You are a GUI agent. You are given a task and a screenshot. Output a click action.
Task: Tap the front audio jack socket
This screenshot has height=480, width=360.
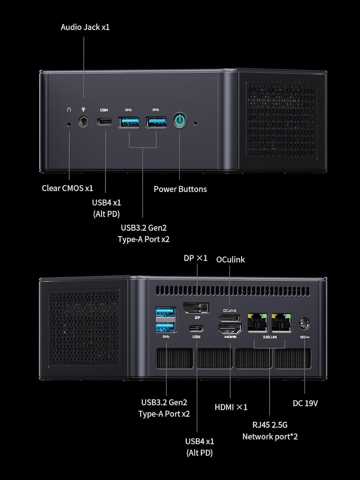click(84, 122)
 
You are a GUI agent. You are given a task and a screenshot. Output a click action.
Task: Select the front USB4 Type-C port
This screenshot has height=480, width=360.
click(104, 122)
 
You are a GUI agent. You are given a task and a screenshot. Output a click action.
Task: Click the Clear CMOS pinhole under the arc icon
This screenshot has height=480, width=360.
click(69, 124)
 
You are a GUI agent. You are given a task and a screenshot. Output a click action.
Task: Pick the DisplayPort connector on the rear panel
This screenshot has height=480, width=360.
click(196, 308)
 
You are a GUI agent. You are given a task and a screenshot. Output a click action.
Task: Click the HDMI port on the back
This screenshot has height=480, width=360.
click(230, 329)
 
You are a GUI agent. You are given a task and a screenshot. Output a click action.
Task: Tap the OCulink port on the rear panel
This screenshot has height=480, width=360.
click(229, 318)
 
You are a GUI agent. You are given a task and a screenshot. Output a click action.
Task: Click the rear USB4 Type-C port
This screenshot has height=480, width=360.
click(196, 328)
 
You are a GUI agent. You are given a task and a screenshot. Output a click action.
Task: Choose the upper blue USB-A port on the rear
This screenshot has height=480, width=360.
click(165, 312)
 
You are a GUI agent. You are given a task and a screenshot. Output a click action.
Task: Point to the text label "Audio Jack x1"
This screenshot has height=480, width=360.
click(85, 27)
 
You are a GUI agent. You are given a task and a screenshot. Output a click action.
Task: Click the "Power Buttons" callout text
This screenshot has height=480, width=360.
click(180, 189)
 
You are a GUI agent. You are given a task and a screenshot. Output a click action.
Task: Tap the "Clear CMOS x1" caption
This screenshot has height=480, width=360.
click(67, 188)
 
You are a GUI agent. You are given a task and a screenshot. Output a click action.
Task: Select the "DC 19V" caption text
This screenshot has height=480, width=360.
click(305, 403)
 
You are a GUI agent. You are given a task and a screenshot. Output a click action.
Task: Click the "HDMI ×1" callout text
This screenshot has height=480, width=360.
click(231, 407)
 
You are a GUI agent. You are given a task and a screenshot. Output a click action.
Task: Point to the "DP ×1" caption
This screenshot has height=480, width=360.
click(196, 258)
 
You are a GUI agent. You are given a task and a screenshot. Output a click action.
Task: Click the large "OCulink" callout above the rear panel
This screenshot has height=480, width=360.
click(230, 260)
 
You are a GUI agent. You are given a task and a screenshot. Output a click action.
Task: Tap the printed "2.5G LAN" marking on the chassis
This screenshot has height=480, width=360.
click(270, 337)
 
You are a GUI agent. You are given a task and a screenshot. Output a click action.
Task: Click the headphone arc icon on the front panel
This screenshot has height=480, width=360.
click(69, 110)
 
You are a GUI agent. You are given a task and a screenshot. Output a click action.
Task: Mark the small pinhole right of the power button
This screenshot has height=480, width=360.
click(196, 123)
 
